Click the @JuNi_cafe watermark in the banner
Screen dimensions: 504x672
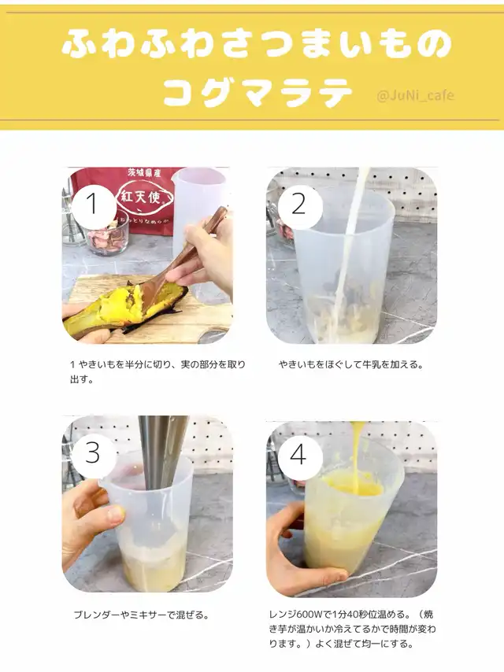point(415,95)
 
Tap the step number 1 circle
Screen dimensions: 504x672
point(94,204)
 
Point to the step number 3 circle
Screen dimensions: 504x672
point(93,453)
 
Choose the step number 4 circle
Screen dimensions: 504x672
point(299,455)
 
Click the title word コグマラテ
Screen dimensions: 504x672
point(258,93)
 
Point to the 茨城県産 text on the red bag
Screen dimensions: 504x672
point(143,173)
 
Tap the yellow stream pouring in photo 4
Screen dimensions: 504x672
point(357,456)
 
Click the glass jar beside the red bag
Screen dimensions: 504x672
point(107,236)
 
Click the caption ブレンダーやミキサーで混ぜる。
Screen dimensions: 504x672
point(142,615)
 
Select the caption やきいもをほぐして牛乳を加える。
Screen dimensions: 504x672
point(351,364)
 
